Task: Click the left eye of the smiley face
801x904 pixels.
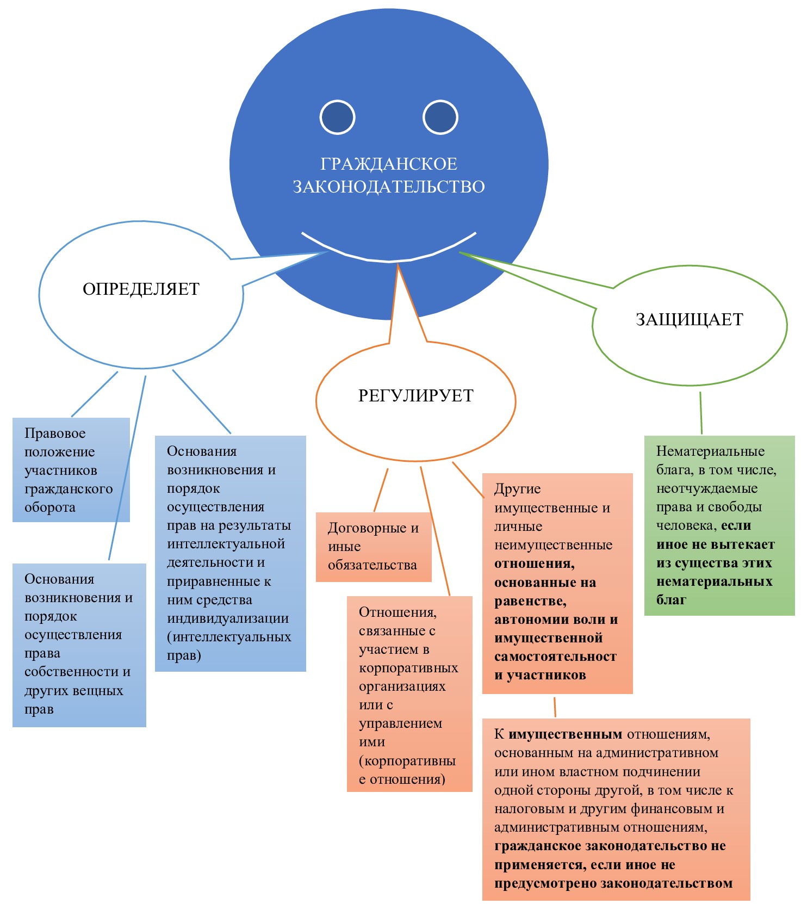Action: [337, 117]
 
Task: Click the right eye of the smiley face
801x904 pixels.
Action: [440, 117]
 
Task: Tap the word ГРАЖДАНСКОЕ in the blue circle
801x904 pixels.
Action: [388, 164]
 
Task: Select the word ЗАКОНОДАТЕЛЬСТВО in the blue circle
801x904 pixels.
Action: [388, 187]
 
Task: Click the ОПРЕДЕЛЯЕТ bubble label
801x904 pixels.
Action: [141, 289]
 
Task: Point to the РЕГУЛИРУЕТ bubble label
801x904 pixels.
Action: [415, 395]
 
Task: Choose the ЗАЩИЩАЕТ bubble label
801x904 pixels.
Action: [689, 319]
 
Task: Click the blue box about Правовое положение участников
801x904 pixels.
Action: [71, 470]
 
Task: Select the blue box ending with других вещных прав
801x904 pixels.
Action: [79, 645]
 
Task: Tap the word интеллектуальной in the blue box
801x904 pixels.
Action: [226, 544]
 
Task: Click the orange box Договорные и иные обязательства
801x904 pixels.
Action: [373, 546]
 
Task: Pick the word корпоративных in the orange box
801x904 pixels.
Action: [408, 667]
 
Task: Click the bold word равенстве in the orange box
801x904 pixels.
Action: [530, 601]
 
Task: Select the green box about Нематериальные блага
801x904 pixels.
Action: [719, 525]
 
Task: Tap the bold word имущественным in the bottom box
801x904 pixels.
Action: [565, 734]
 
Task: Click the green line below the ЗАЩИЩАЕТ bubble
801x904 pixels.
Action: [701, 413]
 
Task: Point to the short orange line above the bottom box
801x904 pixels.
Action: [555, 707]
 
